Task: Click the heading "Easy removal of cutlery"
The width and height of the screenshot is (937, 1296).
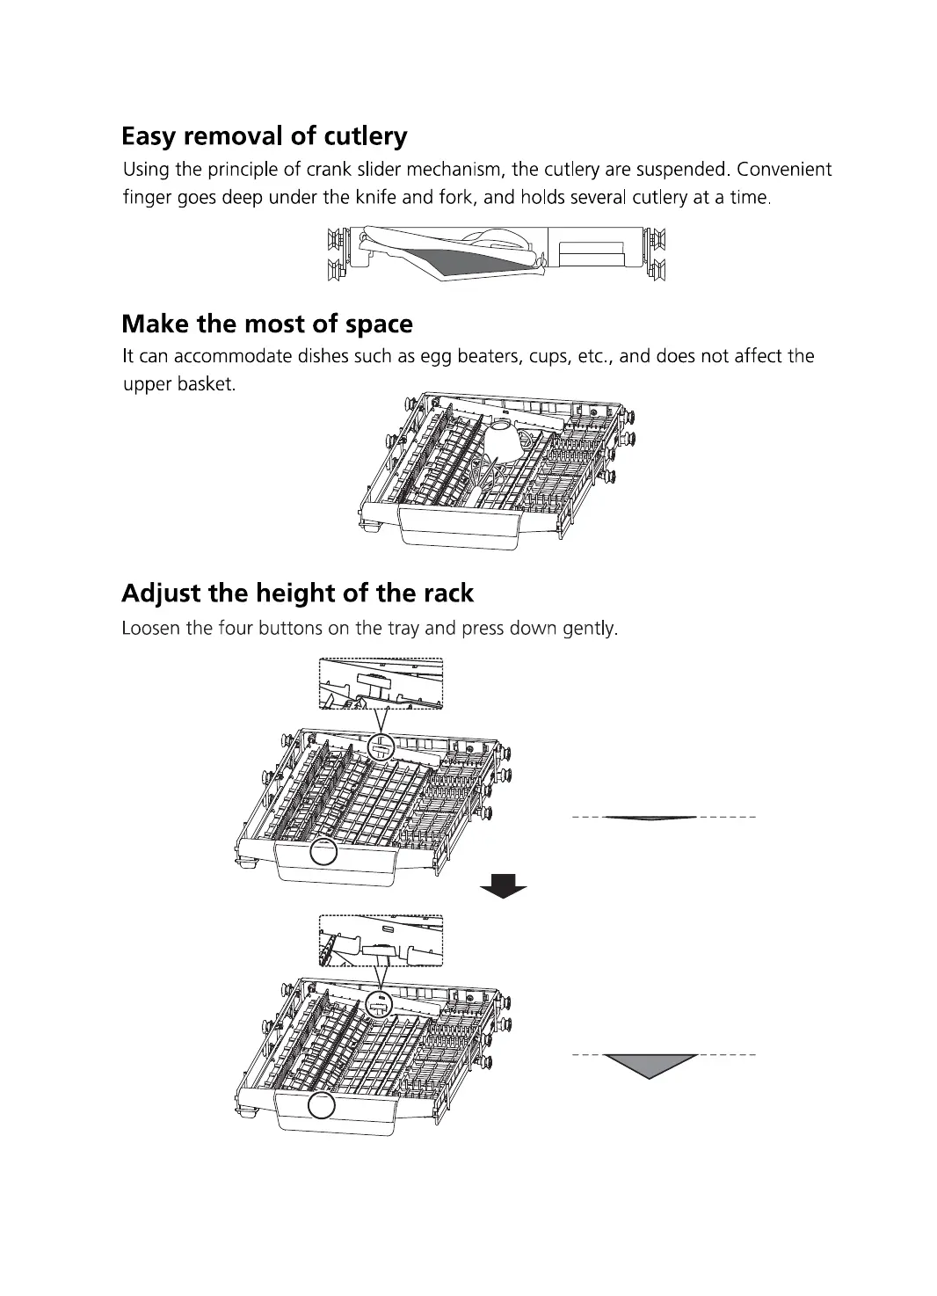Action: pos(264,137)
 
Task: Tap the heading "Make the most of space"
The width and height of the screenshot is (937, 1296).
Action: pos(266,324)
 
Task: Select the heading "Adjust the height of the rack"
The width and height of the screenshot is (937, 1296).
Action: pos(297,593)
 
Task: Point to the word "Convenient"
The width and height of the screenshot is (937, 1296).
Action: pos(785,170)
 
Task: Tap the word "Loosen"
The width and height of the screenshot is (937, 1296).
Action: pos(150,630)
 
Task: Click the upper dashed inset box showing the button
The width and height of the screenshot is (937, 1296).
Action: pos(380,683)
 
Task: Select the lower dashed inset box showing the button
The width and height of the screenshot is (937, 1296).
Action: pos(380,940)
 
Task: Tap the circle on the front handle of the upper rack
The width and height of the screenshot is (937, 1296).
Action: pos(323,851)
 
